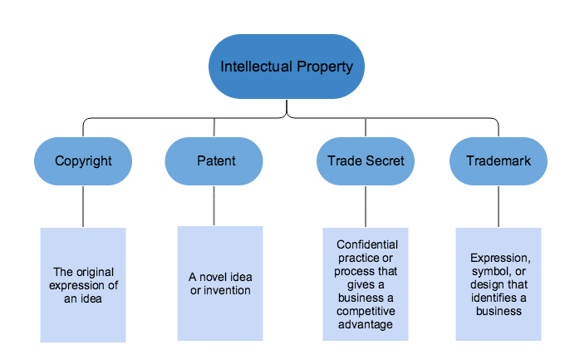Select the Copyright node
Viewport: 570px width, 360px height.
pyautogui.click(x=83, y=161)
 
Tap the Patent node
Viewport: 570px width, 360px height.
pyautogui.click(x=214, y=161)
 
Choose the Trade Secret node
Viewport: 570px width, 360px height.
pyautogui.click(x=366, y=161)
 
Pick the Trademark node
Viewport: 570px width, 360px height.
pyautogui.click(x=499, y=161)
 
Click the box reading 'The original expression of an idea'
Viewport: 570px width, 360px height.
pyautogui.click(x=83, y=284)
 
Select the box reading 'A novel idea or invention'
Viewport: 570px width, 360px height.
pyautogui.click(x=220, y=283)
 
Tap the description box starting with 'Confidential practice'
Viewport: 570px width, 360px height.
pyautogui.click(x=366, y=284)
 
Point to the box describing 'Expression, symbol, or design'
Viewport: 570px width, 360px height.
pyautogui.click(x=499, y=284)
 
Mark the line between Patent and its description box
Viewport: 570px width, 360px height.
pyautogui.click(x=214, y=205)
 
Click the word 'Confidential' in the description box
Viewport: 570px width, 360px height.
pyautogui.click(x=367, y=244)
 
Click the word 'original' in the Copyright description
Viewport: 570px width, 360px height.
pyautogui.click(x=94, y=272)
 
